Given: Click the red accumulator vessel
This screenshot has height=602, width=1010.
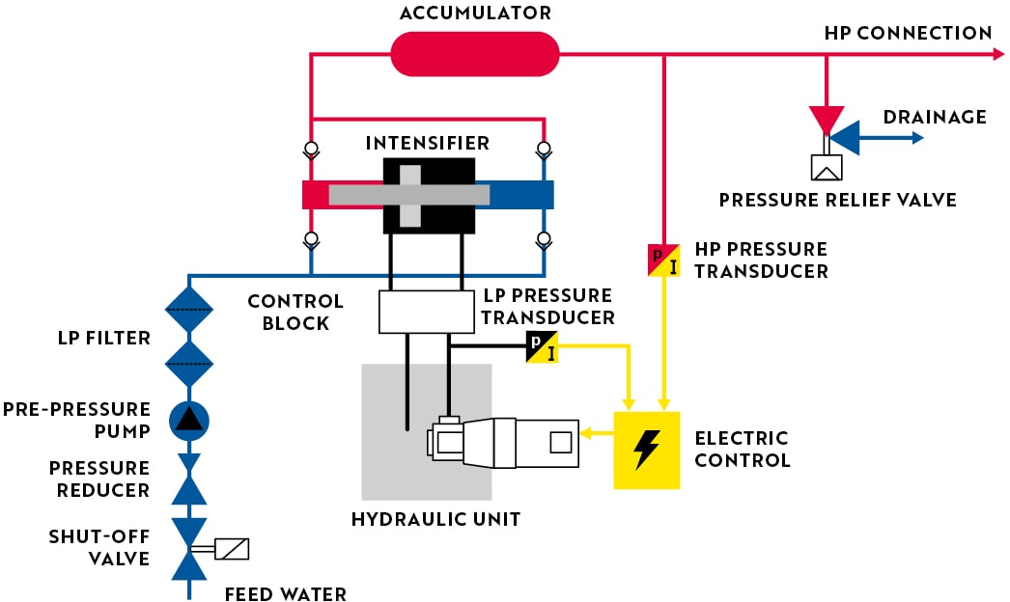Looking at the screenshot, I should pyautogui.click(x=475, y=54).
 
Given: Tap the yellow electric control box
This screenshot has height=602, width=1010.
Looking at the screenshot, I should pyautogui.click(x=647, y=450).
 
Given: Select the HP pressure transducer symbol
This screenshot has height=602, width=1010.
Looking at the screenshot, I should pyautogui.click(x=663, y=260).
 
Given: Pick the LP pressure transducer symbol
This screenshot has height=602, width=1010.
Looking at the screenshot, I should pyautogui.click(x=542, y=346).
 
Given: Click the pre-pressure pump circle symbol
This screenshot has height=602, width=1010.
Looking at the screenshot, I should pyautogui.click(x=189, y=420).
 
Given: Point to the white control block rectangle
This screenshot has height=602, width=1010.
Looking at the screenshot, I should pyautogui.click(x=420, y=312).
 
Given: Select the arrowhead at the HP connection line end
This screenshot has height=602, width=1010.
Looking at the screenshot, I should pyautogui.click(x=998, y=55).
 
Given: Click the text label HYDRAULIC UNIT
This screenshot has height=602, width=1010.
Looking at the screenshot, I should pyautogui.click(x=435, y=519).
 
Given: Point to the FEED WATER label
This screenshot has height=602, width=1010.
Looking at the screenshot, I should pyautogui.click(x=285, y=593).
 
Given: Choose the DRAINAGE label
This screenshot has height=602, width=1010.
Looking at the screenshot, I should pyautogui.click(x=935, y=118).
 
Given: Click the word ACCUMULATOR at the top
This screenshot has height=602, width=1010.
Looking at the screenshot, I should pyautogui.click(x=475, y=14).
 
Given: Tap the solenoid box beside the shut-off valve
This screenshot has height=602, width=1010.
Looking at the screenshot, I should pyautogui.click(x=233, y=549).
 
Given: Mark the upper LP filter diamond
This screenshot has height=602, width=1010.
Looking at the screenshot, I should pyautogui.click(x=189, y=309).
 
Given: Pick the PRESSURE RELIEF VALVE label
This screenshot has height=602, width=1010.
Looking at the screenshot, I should pyautogui.click(x=837, y=201).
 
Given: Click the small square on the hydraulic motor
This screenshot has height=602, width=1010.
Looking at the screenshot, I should pyautogui.click(x=559, y=443).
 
